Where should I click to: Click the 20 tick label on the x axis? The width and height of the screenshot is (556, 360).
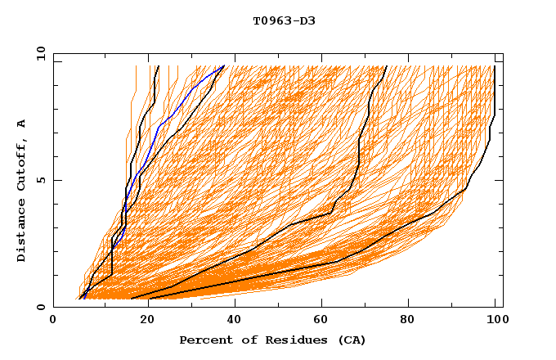(141, 322)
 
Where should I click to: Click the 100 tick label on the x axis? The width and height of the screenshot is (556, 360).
(495, 322)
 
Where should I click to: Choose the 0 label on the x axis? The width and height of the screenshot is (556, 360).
(53, 322)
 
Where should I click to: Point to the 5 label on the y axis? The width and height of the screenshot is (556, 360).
(40, 180)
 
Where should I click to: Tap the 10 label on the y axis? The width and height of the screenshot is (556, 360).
(38, 53)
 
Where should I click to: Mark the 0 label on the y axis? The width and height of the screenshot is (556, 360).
(40, 307)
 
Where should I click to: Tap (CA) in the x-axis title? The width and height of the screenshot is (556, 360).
(351, 340)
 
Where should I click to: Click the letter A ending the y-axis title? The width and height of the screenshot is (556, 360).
(22, 124)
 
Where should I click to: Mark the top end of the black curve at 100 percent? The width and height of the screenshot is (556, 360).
(495, 66)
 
